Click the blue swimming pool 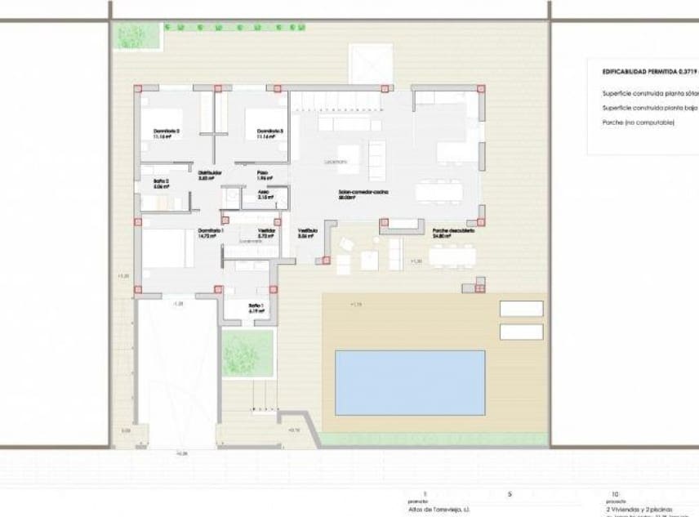[410, 382]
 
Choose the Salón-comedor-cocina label [364, 193]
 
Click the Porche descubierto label [453, 231]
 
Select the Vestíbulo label [307, 231]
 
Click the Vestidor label [266, 231]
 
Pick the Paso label [263, 172]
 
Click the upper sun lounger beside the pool [521, 309]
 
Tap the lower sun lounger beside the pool [521, 332]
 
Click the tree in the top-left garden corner [129, 35]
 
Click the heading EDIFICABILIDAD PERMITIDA [650, 71]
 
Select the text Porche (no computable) [639, 122]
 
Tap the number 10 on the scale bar [614, 494]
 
